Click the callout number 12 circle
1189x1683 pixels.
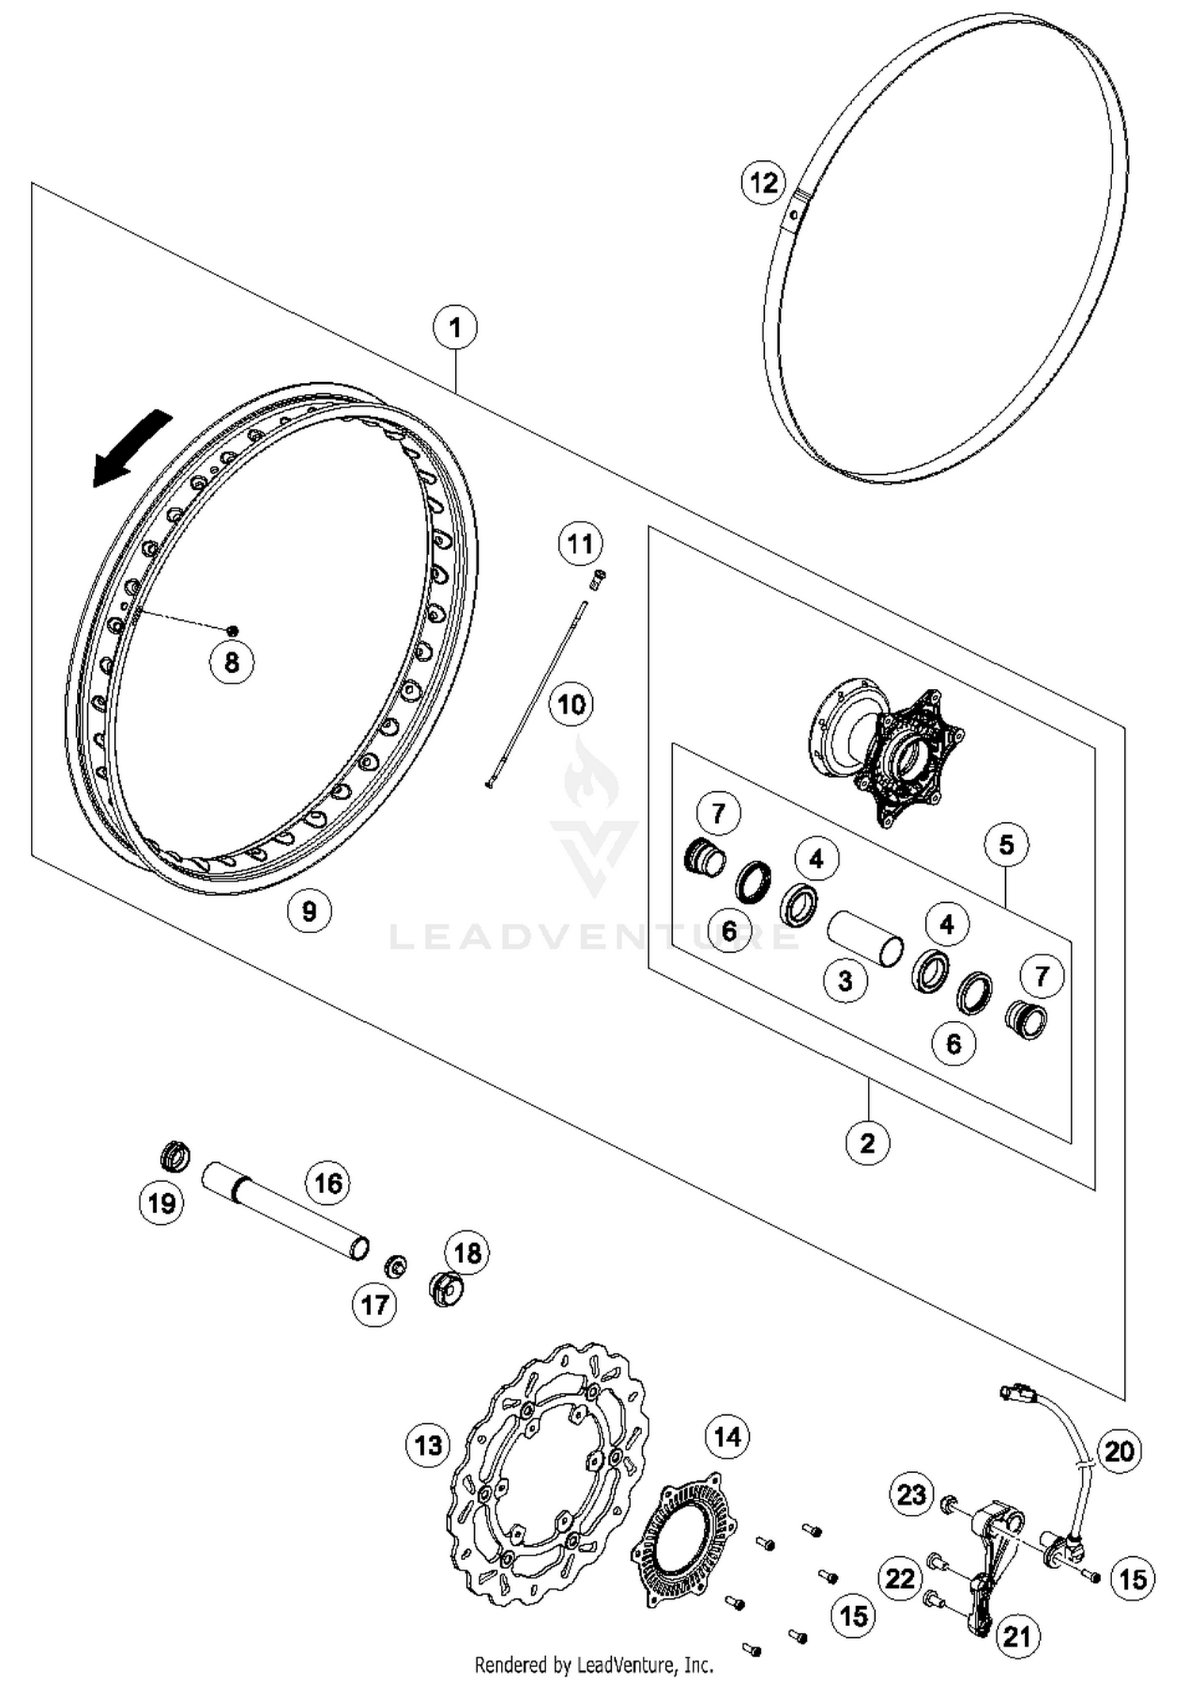coord(763,182)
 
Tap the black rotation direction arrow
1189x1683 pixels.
coord(132,448)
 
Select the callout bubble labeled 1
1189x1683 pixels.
coord(455,327)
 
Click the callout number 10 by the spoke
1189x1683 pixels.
coord(572,704)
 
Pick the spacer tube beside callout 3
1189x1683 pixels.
coord(865,939)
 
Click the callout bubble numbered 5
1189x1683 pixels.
coord(1006,844)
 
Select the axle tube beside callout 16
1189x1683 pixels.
coord(285,1211)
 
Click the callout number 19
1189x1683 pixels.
coord(162,1203)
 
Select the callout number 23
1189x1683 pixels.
coord(912,1494)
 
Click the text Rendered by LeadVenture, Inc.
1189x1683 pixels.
coord(594,1664)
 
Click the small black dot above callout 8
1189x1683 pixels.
coord(232,630)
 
